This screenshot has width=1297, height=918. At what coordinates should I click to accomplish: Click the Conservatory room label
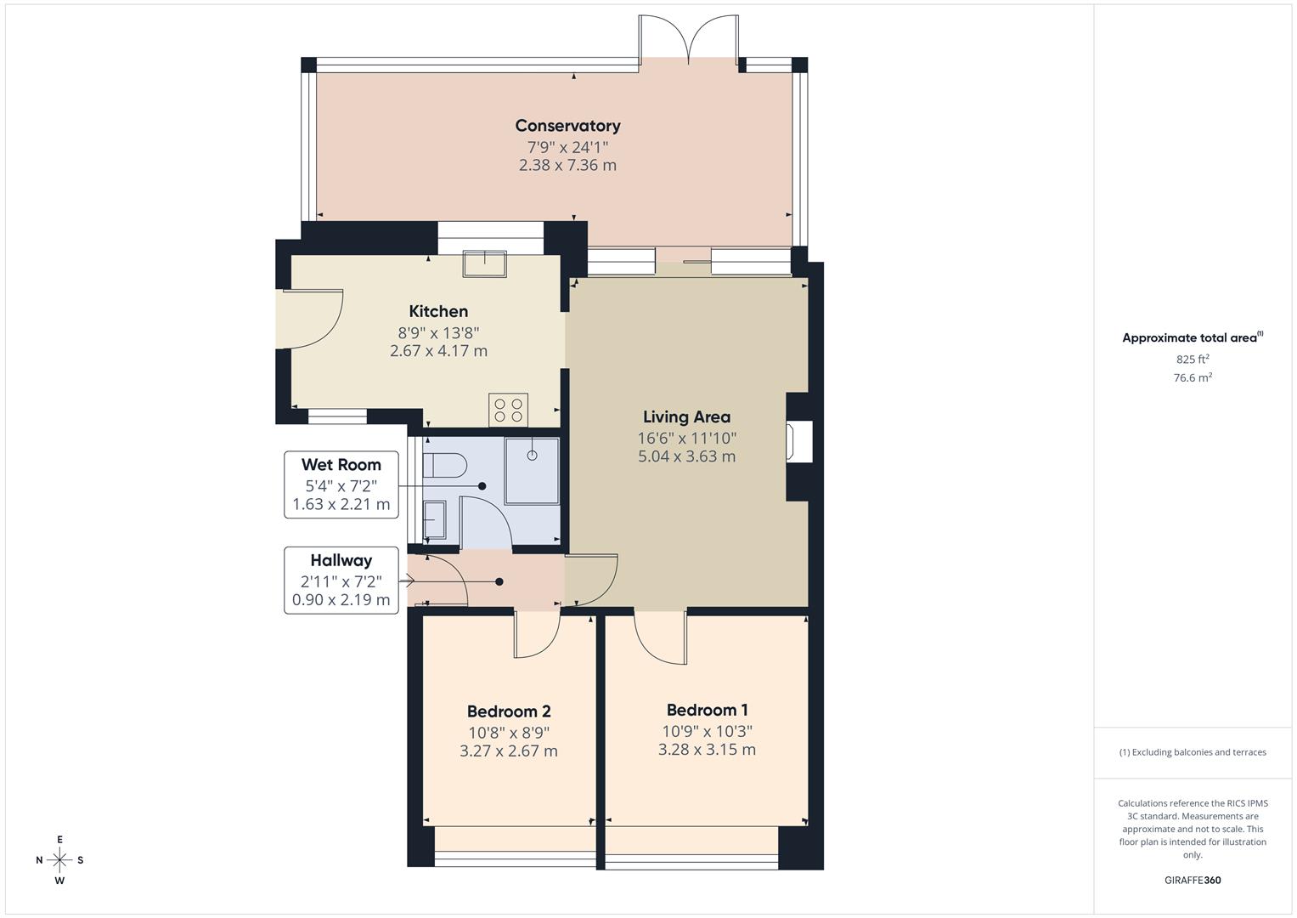(x=567, y=126)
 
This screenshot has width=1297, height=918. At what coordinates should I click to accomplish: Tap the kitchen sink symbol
(x=484, y=263)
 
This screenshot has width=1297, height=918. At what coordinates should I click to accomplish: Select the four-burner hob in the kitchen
(x=508, y=410)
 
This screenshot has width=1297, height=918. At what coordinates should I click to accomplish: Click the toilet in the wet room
(x=445, y=466)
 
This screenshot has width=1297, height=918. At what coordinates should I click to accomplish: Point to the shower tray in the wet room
(x=533, y=472)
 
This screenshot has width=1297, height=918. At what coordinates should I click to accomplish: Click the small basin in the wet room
(x=433, y=520)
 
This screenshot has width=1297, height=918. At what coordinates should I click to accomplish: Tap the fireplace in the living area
(x=799, y=441)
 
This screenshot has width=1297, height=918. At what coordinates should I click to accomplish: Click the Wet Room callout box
(x=341, y=484)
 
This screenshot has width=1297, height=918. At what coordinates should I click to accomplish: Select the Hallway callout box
(x=341, y=580)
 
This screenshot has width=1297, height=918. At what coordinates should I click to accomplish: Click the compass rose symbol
(x=59, y=859)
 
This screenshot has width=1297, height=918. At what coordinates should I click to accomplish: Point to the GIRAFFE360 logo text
(x=1192, y=880)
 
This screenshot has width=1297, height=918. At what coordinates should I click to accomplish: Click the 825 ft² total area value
(x=1192, y=360)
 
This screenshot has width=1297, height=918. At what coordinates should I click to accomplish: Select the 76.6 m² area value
(x=1192, y=378)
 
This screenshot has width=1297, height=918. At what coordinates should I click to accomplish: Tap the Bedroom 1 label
(x=707, y=710)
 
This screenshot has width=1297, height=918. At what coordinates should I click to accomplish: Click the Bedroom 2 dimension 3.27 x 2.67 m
(x=509, y=751)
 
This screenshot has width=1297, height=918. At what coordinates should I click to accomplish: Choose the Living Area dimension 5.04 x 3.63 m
(x=686, y=456)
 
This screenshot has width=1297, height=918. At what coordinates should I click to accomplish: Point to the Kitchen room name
(x=438, y=311)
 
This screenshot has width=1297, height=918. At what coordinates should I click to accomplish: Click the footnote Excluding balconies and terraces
(x=1192, y=752)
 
